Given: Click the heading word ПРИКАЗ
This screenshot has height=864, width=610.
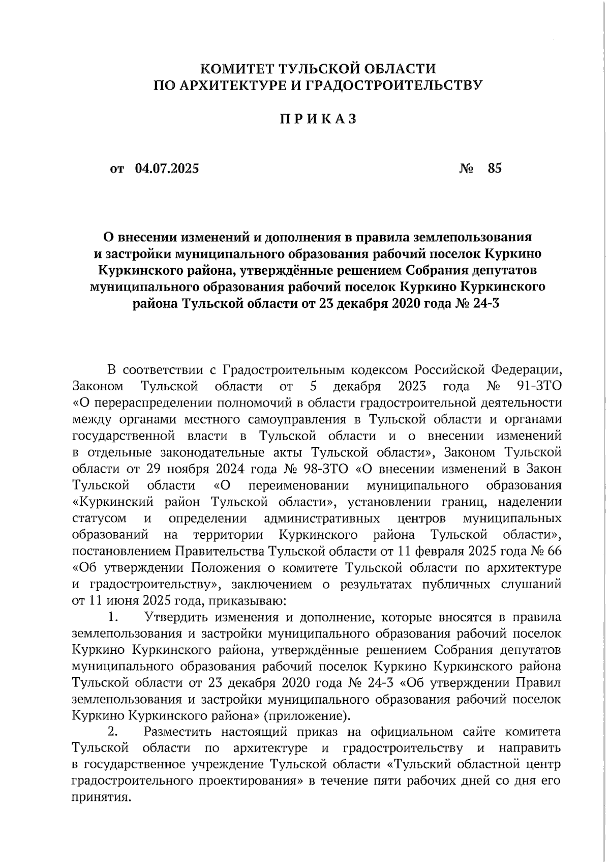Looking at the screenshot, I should pyautogui.click(x=318, y=119).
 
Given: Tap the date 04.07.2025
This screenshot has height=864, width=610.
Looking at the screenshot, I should pyautogui.click(x=167, y=168).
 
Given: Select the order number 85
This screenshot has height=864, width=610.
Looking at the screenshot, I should pyautogui.click(x=494, y=168).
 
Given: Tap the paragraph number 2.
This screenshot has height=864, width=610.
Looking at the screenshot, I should pyautogui.click(x=113, y=732).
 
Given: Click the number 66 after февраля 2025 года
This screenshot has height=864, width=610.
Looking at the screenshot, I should pyautogui.click(x=553, y=551).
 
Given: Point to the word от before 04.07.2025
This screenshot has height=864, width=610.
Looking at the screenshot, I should pyautogui.click(x=117, y=169).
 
